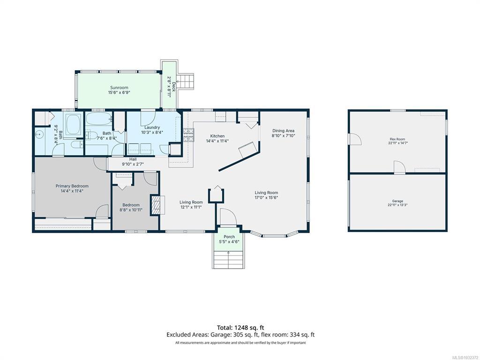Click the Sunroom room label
point(119,88)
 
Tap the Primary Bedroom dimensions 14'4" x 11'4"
point(72,191)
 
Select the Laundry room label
point(152,127)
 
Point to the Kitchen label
point(217,136)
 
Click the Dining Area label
point(284,131)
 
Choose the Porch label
point(229,237)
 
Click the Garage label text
point(397,201)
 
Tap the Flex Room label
point(397,139)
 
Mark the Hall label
point(133,159)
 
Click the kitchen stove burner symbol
point(188,135)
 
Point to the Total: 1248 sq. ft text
point(240,328)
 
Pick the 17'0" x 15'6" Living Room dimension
point(266,197)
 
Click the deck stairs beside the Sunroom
point(186,82)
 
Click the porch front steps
point(229,260)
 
